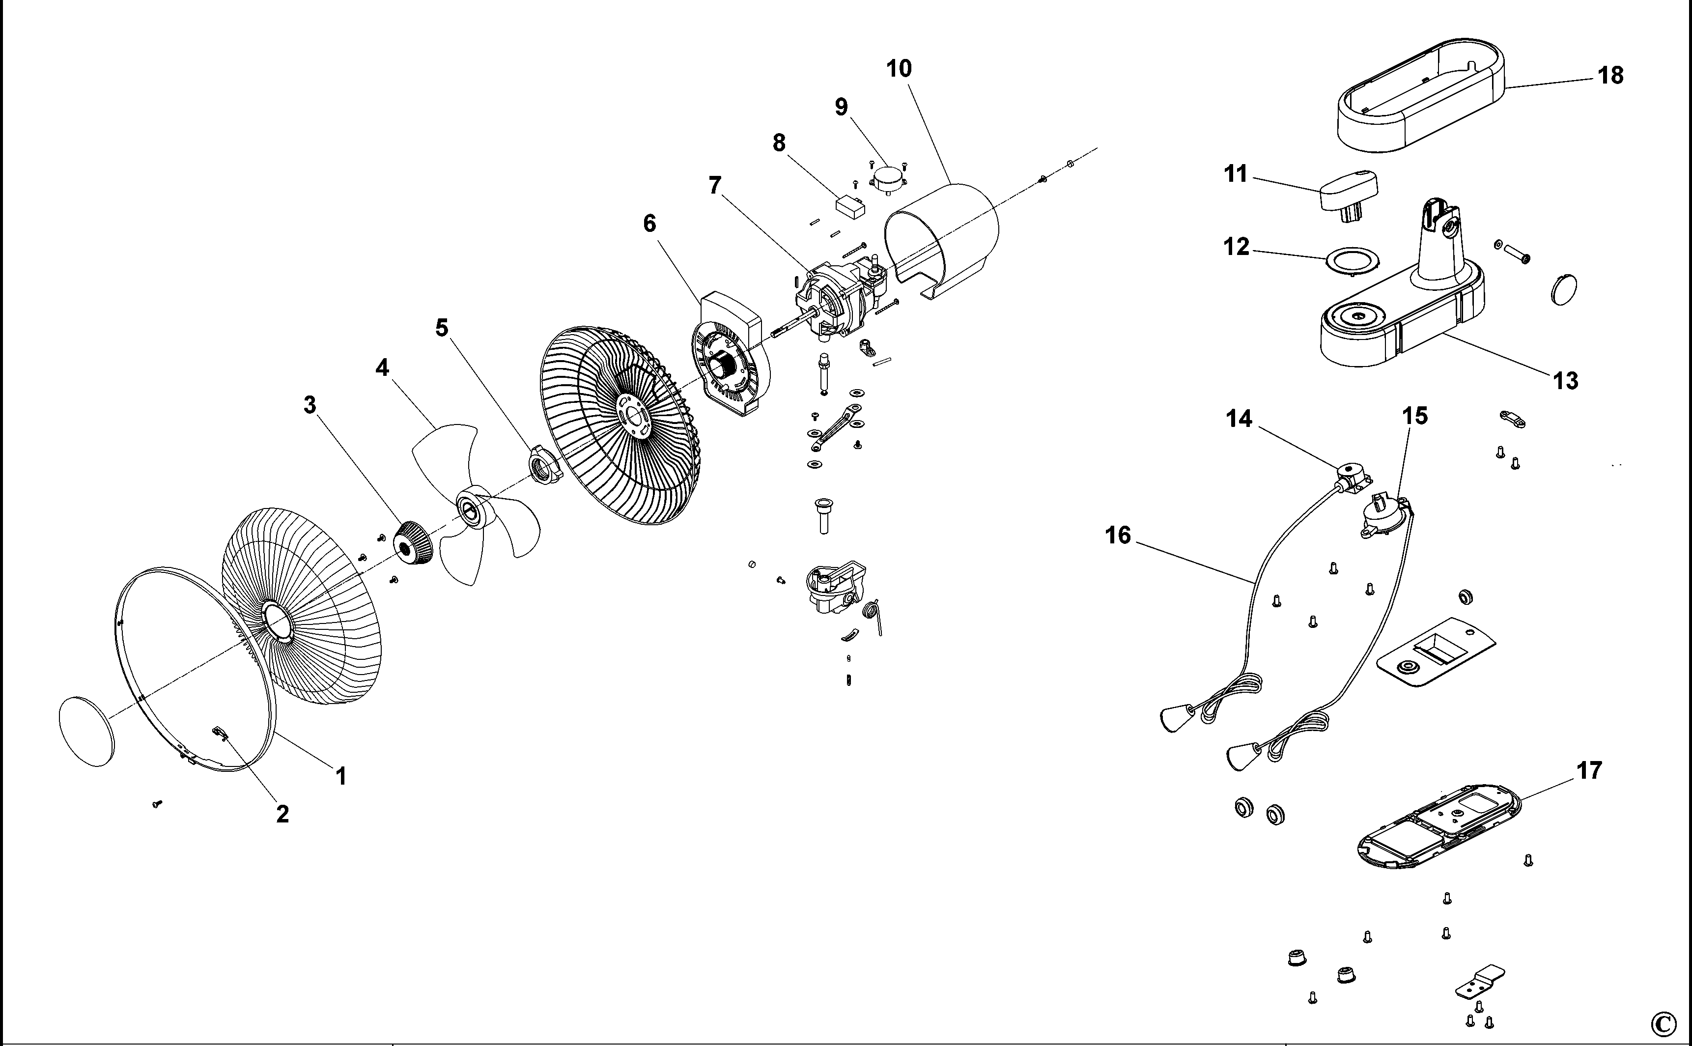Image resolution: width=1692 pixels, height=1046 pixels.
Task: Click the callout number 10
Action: pos(899,68)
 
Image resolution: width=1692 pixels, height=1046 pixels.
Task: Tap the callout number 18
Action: pos(1610,75)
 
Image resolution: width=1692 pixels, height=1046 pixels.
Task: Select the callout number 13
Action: pos(1565,380)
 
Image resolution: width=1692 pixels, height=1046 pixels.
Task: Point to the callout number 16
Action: pos(1118,536)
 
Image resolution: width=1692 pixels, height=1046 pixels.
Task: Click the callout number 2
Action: pos(282,814)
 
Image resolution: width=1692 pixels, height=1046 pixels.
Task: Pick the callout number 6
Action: pos(649,224)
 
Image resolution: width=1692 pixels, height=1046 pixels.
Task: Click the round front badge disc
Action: pos(86,731)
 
